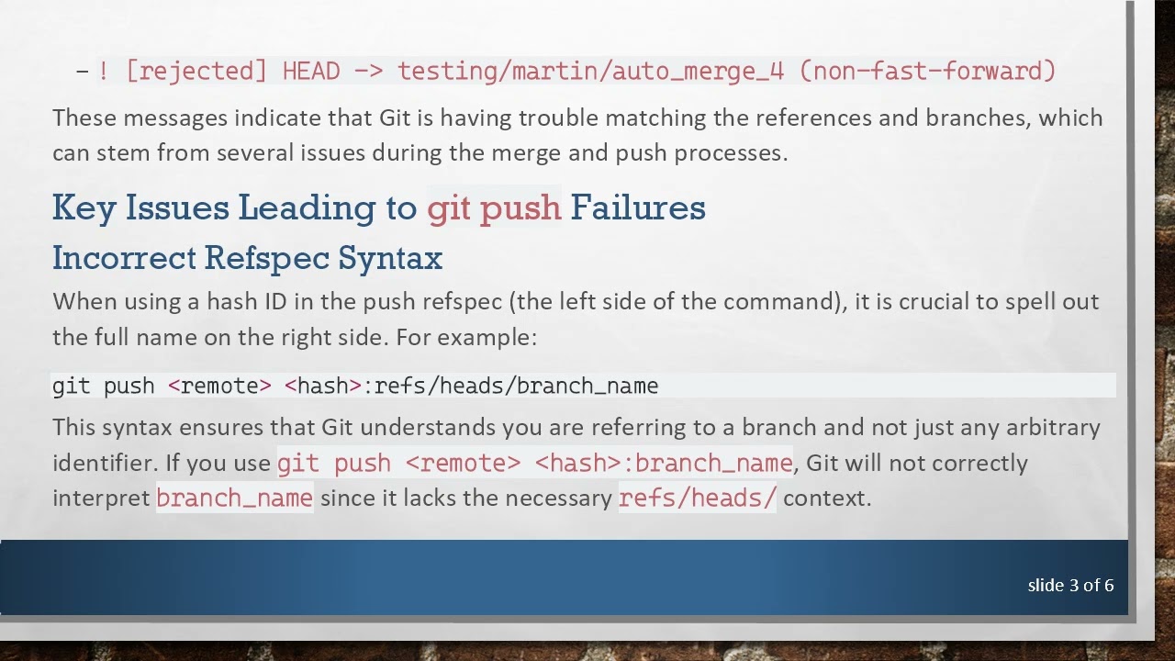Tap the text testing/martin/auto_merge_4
point(590,71)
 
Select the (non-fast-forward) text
point(927,71)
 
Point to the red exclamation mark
point(104,71)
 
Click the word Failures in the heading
point(638,207)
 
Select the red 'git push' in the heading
point(494,207)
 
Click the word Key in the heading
point(84,207)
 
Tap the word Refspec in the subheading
point(266,258)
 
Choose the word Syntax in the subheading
point(390,258)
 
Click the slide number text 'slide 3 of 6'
point(1070,585)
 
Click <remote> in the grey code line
point(219,386)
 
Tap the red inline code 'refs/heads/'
point(697,498)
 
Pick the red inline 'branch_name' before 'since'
point(234,498)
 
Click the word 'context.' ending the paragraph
point(826,498)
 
